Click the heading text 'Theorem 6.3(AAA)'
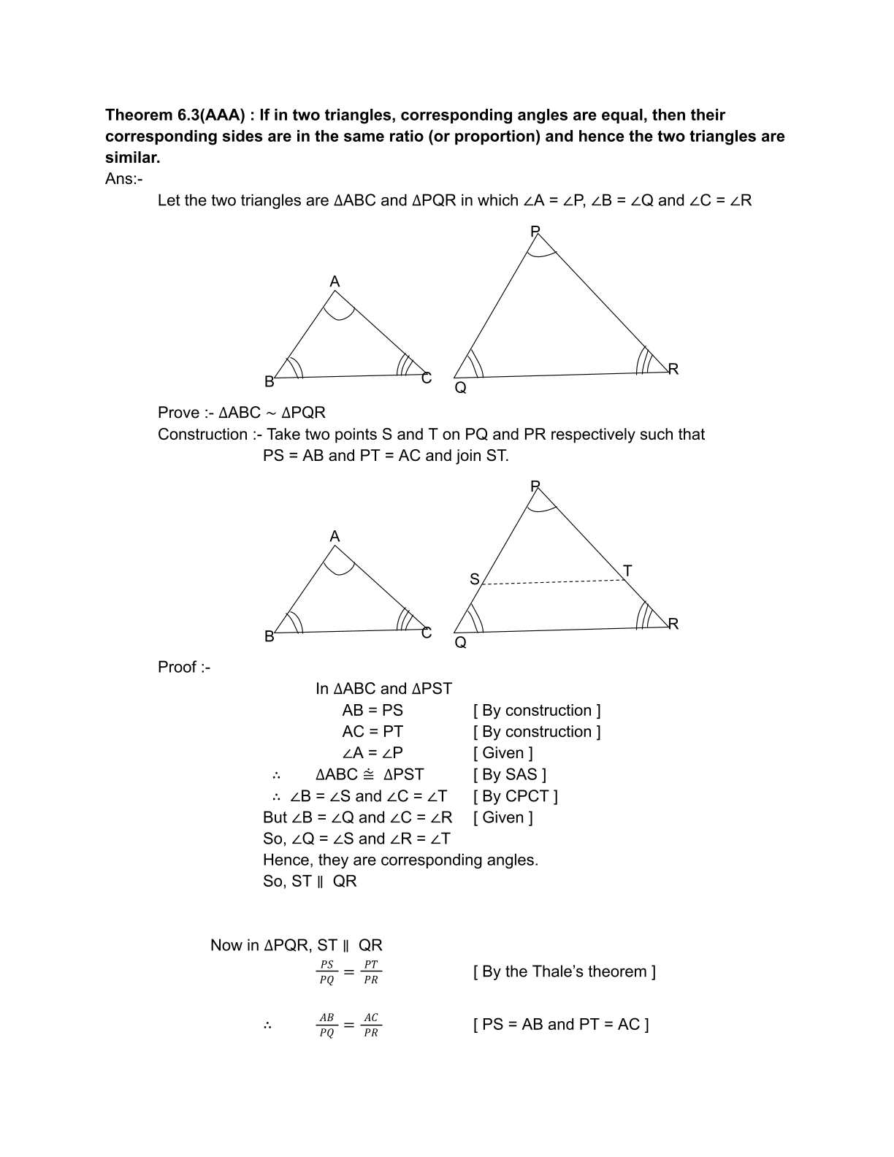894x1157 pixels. tap(174, 115)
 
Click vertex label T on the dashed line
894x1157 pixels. tap(627, 570)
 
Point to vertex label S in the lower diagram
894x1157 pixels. tap(474, 579)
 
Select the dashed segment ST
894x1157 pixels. tap(552, 582)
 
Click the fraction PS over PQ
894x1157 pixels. tap(326, 972)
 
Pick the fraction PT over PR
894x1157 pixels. tap(371, 972)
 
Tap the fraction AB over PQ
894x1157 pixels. tap(326, 1025)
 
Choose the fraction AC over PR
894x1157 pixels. tap(371, 1025)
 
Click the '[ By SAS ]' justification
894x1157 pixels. tap(509, 774)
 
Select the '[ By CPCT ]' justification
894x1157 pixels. tap(515, 796)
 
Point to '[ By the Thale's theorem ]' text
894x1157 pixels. tap(564, 971)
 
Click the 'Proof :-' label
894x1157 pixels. tap(184, 668)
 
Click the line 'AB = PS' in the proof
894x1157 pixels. tap(372, 711)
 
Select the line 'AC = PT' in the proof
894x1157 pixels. tap(372, 732)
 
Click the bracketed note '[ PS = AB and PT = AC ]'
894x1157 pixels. tap(560, 1025)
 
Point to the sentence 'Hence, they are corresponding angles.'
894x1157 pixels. tap(400, 860)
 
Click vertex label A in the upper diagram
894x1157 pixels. tap(335, 282)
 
